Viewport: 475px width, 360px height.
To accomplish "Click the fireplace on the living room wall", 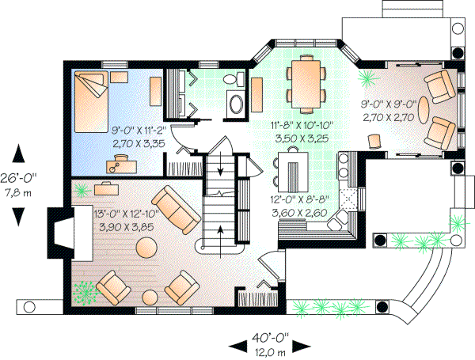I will click(x=59, y=233).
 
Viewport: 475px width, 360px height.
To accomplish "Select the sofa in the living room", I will click(x=175, y=208).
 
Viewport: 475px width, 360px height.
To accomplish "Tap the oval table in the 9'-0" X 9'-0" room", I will click(x=424, y=108).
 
